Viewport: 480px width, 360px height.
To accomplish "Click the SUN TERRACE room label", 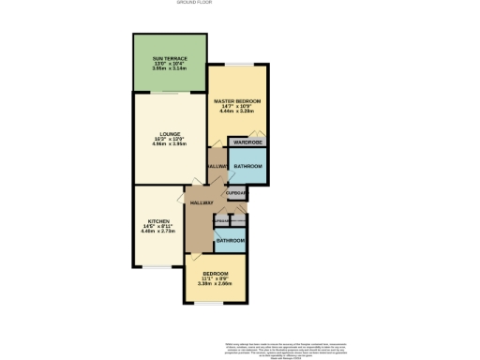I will coord(170,58).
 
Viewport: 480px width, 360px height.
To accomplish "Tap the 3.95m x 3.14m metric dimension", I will coord(170,68).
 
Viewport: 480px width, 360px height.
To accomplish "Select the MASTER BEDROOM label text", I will coord(237,100).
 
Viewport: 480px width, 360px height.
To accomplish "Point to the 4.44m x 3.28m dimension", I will coord(237,111).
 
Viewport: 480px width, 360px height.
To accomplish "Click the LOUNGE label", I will coord(170,134).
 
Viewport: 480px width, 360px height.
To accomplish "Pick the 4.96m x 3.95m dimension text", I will coord(170,144).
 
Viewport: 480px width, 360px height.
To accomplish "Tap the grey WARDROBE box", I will coord(247,142).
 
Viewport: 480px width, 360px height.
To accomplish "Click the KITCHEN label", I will coord(157,222).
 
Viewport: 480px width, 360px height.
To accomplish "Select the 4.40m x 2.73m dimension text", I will coord(157,232).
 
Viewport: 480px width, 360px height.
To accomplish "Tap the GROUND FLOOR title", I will coord(239,3).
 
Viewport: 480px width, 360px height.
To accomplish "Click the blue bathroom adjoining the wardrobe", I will coord(247,167).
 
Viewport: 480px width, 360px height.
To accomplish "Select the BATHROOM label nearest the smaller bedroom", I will coord(231,241).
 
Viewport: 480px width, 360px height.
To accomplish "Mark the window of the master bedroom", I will coord(237,64).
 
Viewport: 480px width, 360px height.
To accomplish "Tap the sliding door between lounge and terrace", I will coord(170,93).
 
